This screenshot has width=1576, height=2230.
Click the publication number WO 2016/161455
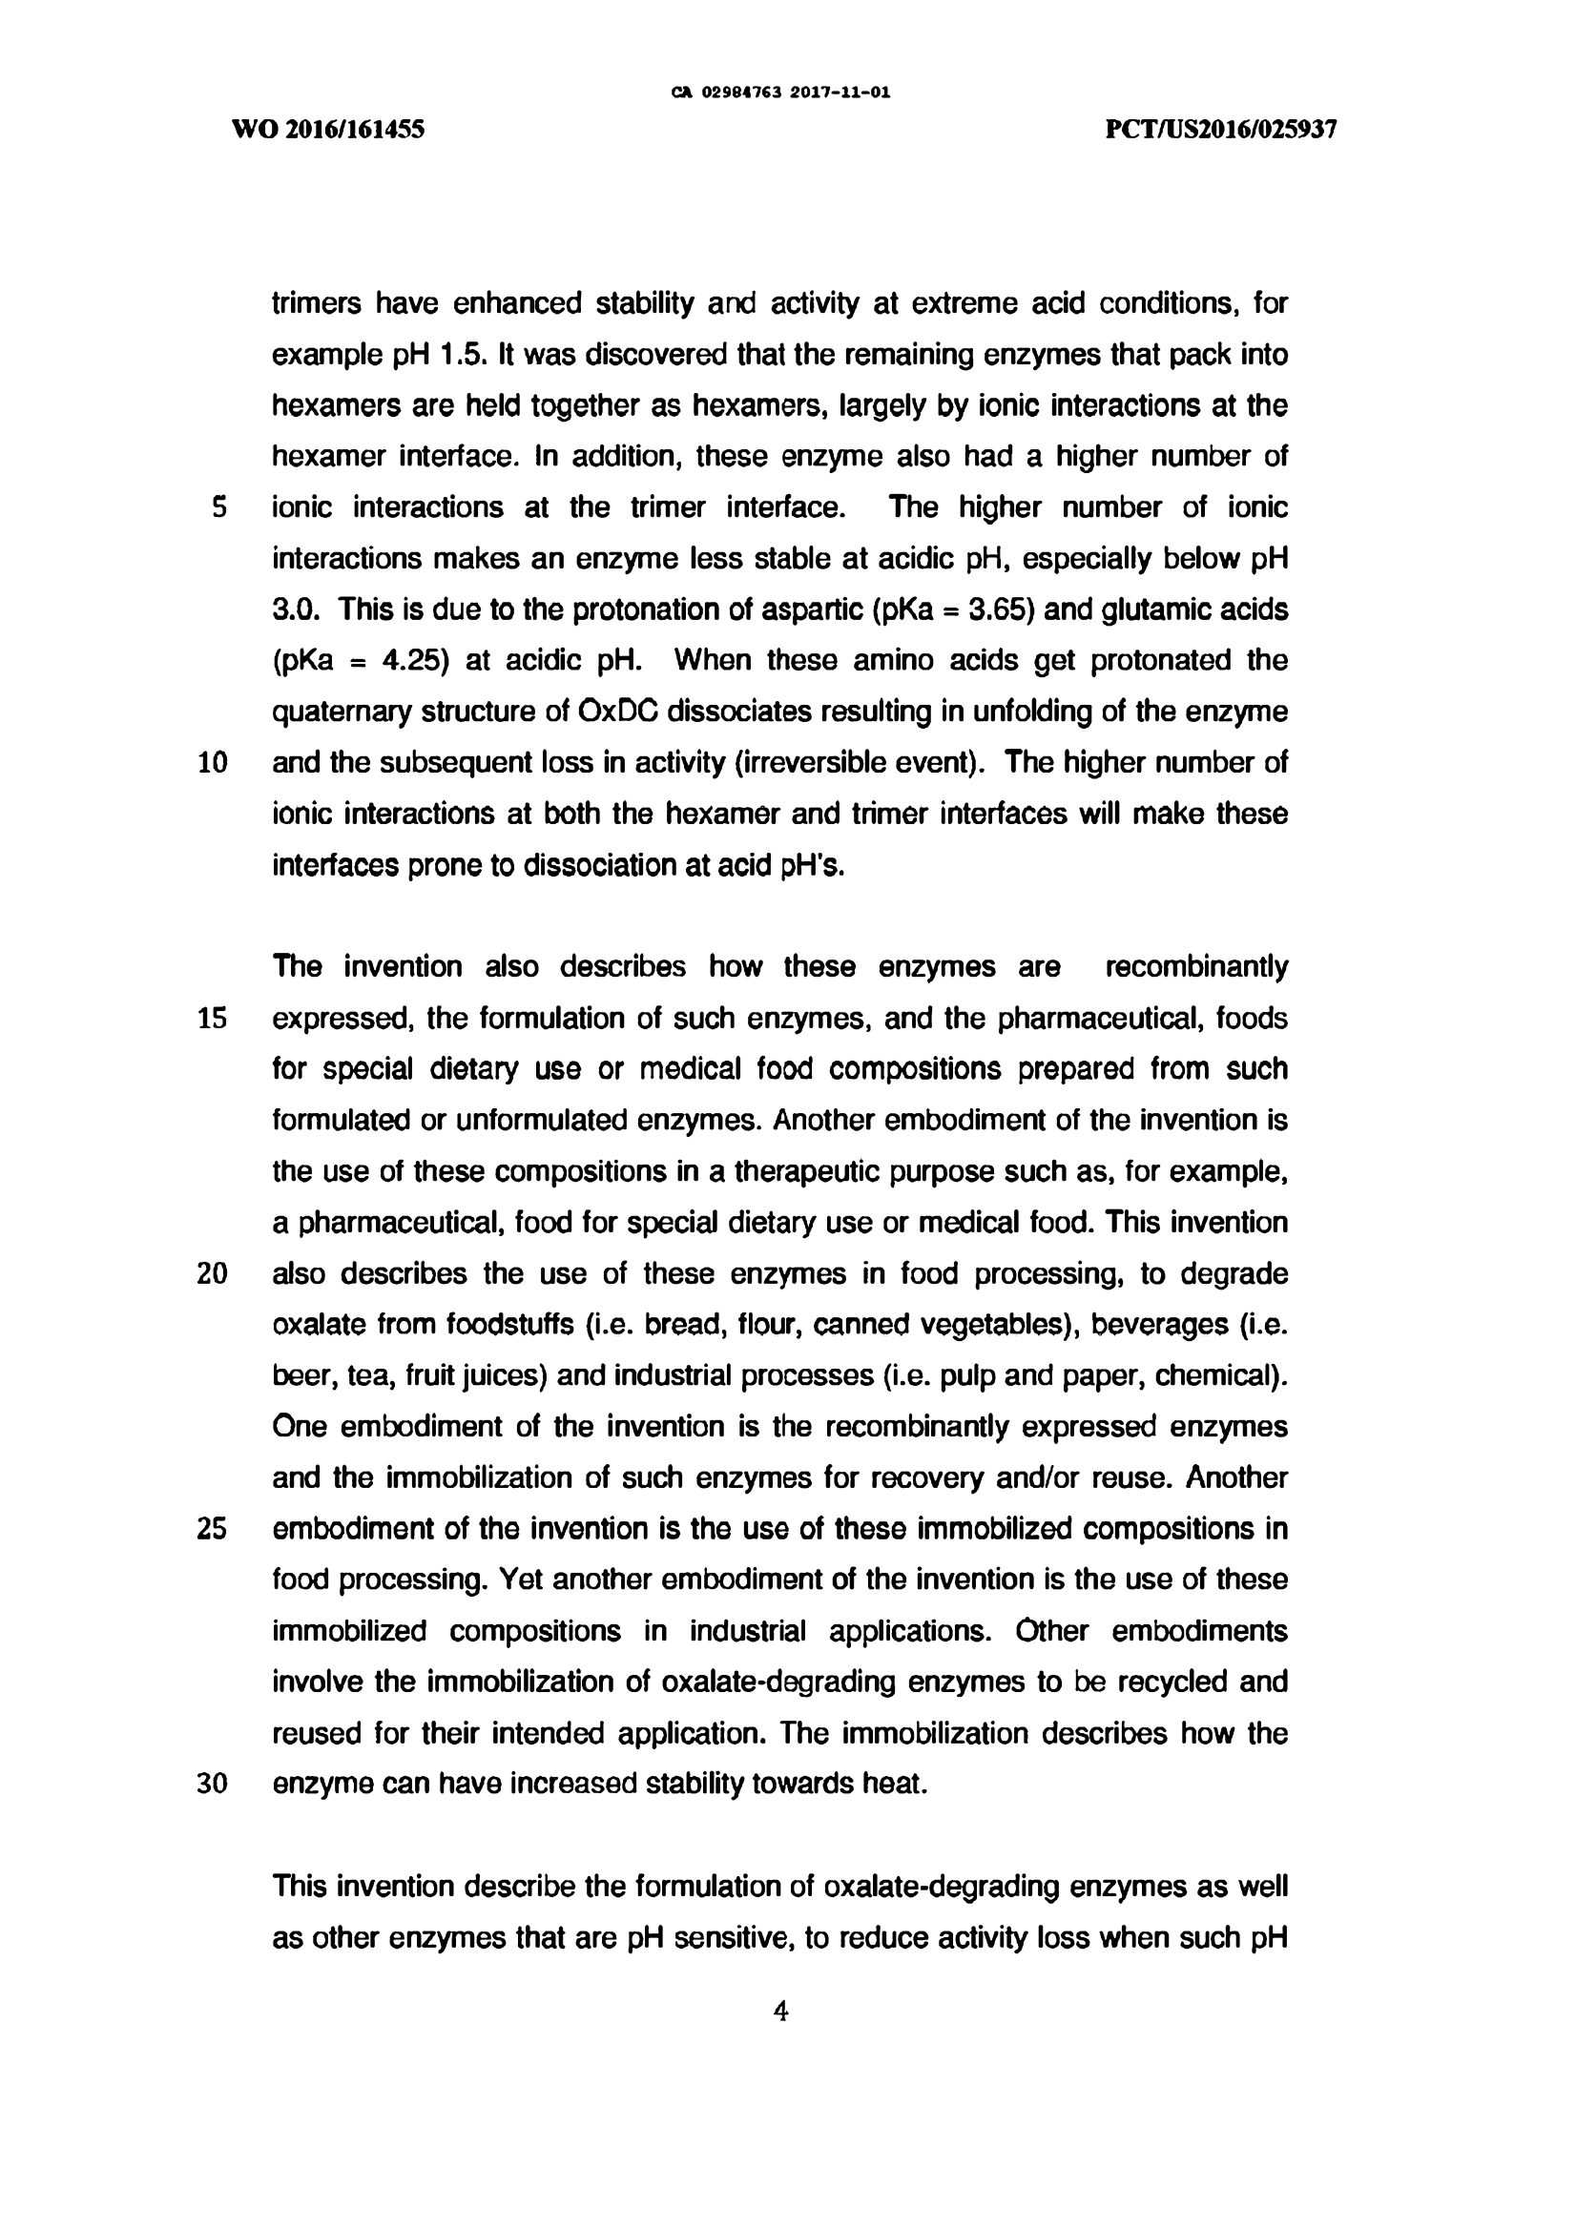(328, 129)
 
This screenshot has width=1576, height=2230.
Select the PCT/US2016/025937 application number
(1221, 129)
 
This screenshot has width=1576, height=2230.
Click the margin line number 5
(219, 507)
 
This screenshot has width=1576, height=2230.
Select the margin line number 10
(213, 762)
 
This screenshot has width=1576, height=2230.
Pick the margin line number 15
(213, 1018)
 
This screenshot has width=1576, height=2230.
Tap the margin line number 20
(213, 1273)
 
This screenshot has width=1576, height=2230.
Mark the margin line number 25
(213, 1529)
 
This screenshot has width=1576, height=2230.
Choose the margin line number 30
(213, 1785)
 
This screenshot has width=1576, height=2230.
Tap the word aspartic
(813, 609)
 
